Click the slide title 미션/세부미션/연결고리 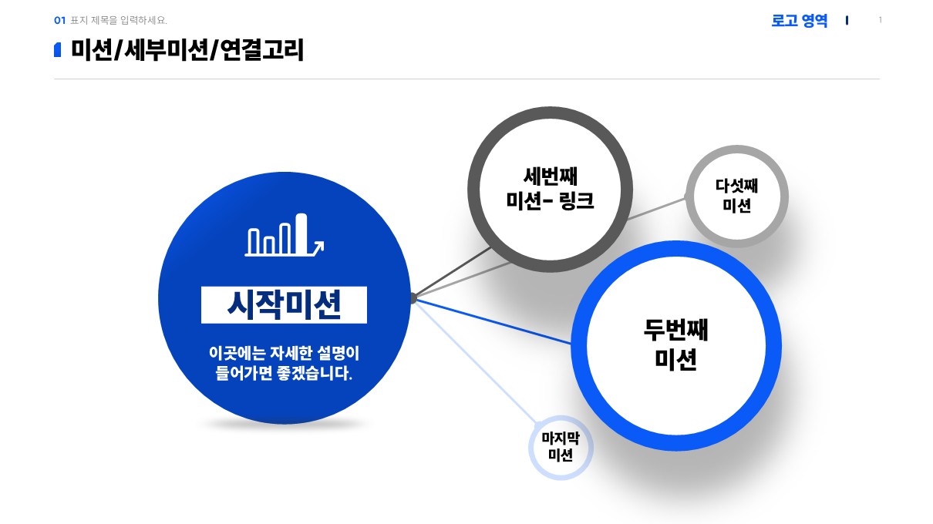click(187, 51)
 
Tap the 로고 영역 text click(799, 21)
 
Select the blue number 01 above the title click(60, 20)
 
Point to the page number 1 click(881, 20)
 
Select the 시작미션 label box click(284, 305)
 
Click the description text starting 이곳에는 click(284, 364)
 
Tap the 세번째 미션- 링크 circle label click(550, 190)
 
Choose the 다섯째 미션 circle click(737, 196)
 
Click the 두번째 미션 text click(675, 344)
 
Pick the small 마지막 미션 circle click(560, 447)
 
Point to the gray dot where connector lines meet click(413, 297)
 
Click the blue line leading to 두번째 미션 click(493, 321)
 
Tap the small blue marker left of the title click(58, 51)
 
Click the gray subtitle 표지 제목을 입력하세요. click(119, 20)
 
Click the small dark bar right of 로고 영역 click(847, 21)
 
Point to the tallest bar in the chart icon click(301, 233)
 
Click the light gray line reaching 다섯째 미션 click(655, 209)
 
